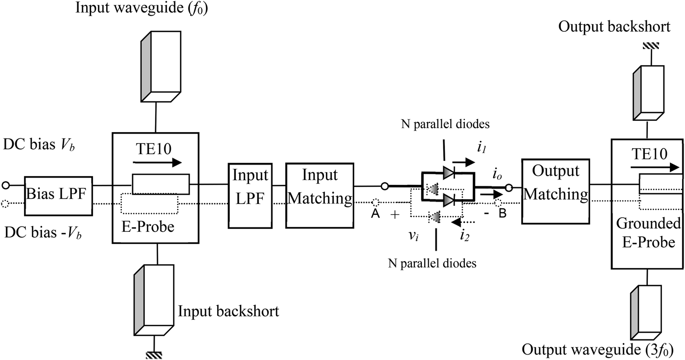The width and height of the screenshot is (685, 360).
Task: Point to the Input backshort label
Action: point(228,311)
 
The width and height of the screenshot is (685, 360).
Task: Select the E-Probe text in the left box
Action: point(147,228)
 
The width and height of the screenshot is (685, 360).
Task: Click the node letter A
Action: point(376,214)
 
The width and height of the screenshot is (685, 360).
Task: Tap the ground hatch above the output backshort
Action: point(652,46)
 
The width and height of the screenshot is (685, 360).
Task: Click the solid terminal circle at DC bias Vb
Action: point(6,185)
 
